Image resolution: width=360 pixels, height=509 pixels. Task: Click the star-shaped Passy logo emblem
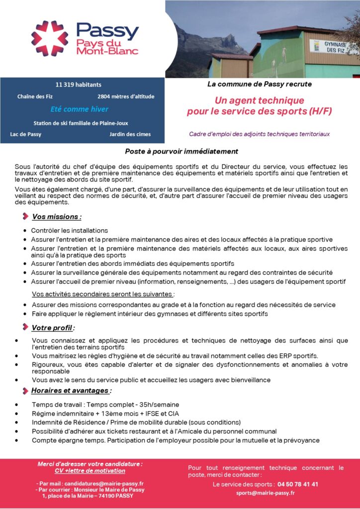(x=50, y=38)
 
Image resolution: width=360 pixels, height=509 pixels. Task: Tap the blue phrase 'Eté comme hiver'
(x=80, y=109)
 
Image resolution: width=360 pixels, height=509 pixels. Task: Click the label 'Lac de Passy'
(x=26, y=134)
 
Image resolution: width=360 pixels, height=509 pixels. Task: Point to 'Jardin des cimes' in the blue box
(x=130, y=134)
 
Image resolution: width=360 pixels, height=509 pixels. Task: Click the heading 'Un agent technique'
(x=259, y=100)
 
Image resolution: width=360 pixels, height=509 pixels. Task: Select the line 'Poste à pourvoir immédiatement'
(x=181, y=151)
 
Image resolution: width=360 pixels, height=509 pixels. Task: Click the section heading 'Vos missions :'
(x=57, y=217)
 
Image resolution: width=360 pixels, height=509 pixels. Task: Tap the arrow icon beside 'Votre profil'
(x=25, y=327)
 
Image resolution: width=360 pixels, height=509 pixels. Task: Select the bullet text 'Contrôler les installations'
(x=69, y=231)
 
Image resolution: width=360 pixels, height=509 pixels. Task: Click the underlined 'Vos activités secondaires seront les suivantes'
(x=103, y=294)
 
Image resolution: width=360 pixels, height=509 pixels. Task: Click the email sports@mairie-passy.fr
(x=266, y=493)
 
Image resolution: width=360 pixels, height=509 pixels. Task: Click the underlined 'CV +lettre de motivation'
(x=90, y=470)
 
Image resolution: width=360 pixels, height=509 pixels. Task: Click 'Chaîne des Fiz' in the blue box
(x=35, y=96)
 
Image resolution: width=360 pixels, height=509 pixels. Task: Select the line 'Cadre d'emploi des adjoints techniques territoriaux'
(x=259, y=134)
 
